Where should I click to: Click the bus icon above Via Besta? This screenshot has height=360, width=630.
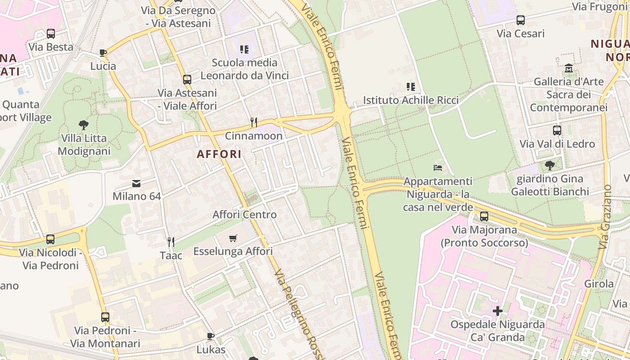51,34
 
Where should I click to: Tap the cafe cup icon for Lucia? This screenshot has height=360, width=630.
103,53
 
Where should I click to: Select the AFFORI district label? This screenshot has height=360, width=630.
219,154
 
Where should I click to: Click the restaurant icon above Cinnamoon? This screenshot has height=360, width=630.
254,122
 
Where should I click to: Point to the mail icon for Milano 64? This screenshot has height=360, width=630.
136,183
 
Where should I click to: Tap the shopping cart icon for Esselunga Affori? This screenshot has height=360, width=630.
233,238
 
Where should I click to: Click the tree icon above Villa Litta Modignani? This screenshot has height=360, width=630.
84,125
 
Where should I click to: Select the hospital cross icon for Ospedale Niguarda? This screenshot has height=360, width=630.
497,311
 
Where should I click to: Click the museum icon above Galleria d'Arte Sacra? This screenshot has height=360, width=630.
569,68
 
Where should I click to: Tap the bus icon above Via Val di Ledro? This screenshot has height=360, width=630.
557,130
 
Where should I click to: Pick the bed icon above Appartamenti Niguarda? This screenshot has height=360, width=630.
438,168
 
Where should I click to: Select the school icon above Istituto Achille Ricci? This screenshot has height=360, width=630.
410,86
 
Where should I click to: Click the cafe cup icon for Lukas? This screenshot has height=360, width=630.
210,336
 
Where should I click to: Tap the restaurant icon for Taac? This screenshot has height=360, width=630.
171,242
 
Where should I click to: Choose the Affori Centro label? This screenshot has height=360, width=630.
244,214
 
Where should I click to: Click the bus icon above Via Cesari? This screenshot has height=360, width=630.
521,20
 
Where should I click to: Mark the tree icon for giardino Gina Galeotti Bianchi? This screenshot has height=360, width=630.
549,165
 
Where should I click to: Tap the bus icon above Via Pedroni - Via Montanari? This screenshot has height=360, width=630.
105,317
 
